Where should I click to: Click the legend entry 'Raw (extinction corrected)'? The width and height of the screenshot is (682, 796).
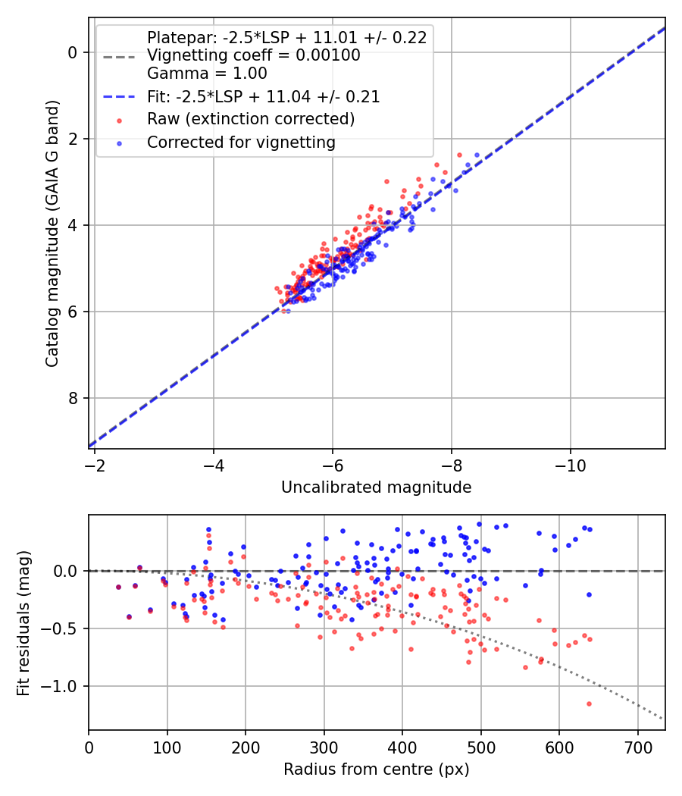pyautogui.click(x=250, y=119)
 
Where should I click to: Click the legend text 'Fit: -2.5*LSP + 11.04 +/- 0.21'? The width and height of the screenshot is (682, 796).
pyautogui.click(x=263, y=96)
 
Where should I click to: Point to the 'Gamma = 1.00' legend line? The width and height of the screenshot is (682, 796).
pyautogui.click(x=207, y=74)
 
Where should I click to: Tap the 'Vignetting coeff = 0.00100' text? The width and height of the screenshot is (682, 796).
pyautogui.click(x=253, y=55)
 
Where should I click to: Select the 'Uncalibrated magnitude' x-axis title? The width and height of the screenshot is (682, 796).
pyautogui.click(x=376, y=487)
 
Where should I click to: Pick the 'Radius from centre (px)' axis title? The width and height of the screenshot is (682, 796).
pyautogui.click(x=376, y=769)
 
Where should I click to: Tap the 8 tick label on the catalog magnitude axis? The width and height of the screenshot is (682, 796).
pyautogui.click(x=74, y=399)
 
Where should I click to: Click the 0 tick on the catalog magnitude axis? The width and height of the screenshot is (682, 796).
pyautogui.click(x=74, y=52)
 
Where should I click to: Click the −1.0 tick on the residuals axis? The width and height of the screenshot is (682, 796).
pyautogui.click(x=61, y=687)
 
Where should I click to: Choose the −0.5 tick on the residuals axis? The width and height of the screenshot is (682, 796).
pyautogui.click(x=61, y=629)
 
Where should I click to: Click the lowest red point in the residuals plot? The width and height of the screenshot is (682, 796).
pyautogui.click(x=588, y=704)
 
